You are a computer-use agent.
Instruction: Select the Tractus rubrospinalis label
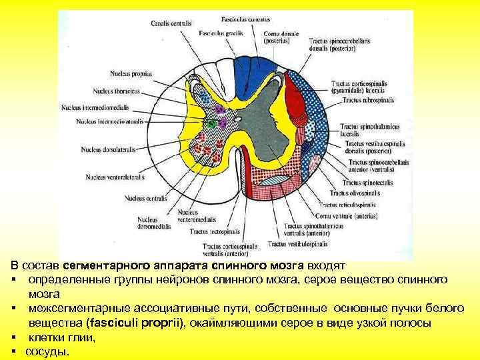tap(369, 100)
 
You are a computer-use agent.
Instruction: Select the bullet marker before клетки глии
tap(14, 338)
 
